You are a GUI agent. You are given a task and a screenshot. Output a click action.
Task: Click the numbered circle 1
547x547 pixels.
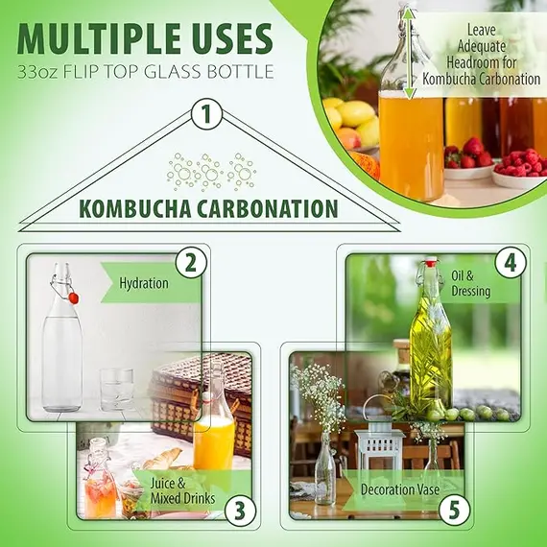pos(206,114)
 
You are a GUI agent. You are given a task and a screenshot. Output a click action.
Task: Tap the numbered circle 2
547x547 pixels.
pos(191,263)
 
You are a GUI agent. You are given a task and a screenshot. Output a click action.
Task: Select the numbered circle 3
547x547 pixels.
pos(240,511)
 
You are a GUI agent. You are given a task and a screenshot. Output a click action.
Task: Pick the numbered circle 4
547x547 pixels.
pos(511,263)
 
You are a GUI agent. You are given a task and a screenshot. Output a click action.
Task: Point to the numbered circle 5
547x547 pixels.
pos(455,511)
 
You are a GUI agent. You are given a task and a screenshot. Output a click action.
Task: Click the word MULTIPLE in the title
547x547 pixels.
pos(95,38)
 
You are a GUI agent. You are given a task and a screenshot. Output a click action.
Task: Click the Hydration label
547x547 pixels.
pos(144,283)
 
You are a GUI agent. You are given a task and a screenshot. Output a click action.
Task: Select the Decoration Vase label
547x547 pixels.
pos(400,489)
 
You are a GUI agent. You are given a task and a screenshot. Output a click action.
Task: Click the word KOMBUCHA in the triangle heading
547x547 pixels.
pos(135,208)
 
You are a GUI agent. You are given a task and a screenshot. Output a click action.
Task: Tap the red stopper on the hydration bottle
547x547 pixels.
pos(73,298)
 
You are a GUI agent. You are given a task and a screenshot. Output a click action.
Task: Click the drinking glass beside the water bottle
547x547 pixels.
pos(117,389)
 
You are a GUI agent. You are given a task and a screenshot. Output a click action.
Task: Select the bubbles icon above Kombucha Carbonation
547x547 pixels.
pos(212,172)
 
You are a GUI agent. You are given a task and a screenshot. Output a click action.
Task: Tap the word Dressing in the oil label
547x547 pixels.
pos(471,292)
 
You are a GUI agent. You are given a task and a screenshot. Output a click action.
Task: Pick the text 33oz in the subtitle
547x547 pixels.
pos(37,72)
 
